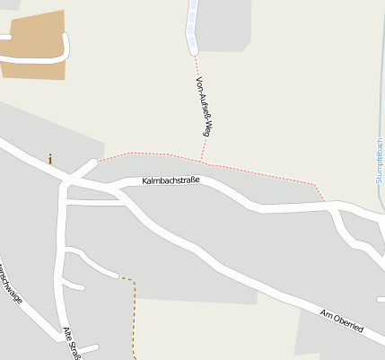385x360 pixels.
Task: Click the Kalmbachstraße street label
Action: point(171,181)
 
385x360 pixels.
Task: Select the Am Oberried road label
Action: point(341,320)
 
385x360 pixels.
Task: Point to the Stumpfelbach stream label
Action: point(380,161)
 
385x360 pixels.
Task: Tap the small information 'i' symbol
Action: point(50,159)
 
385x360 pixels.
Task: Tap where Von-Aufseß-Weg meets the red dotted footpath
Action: point(202,162)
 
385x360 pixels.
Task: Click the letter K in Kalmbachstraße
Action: point(144,182)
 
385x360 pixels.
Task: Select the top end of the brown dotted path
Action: point(123,278)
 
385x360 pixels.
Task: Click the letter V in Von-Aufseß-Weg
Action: point(198,80)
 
